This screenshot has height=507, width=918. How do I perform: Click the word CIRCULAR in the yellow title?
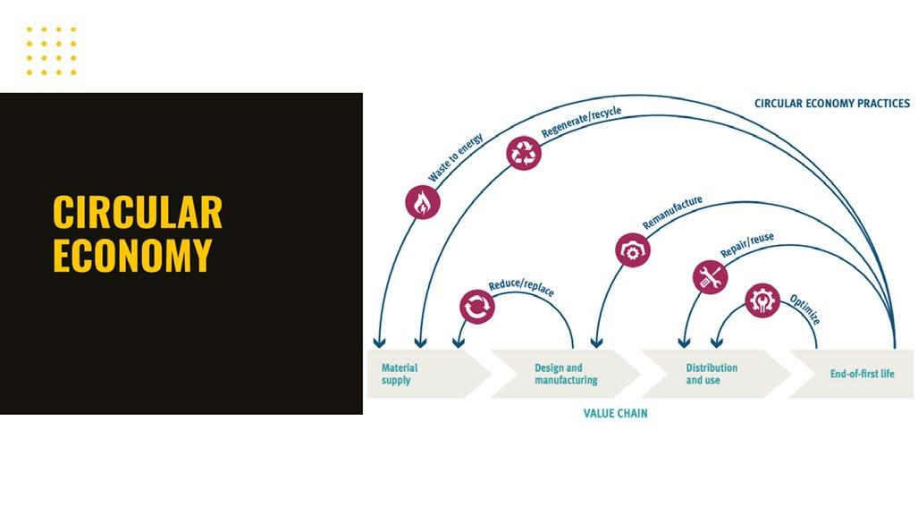pos(138,213)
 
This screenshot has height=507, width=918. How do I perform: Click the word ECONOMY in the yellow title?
pos(132,255)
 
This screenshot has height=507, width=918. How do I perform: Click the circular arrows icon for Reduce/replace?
pos(476,307)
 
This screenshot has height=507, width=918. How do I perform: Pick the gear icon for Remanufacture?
pos(632,249)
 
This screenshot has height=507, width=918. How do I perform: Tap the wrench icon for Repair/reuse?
pos(709,277)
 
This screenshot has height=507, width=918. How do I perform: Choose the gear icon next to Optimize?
pos(762,301)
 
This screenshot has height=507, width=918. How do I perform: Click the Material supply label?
pos(400,374)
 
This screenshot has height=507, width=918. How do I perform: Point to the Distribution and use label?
pos(712,374)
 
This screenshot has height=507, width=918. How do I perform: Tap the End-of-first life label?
pos(862,374)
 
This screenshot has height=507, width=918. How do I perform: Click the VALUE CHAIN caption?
pos(615,414)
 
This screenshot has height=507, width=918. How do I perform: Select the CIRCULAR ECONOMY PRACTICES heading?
pos(831,104)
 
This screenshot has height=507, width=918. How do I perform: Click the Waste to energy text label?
pos(455,157)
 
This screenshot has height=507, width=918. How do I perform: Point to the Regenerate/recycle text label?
pos(581,123)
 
